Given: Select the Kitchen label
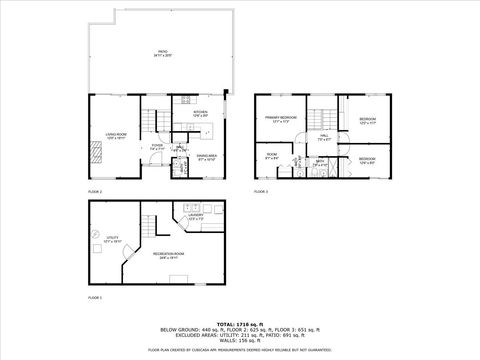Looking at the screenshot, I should (200, 114).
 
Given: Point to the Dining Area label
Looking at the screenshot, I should (207, 157).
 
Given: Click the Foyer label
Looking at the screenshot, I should (157, 146).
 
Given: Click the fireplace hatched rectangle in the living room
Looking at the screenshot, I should (98, 152).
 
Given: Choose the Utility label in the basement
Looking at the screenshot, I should (110, 239).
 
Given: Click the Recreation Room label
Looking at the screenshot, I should (165, 254).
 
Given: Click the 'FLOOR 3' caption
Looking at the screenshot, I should (261, 190).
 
